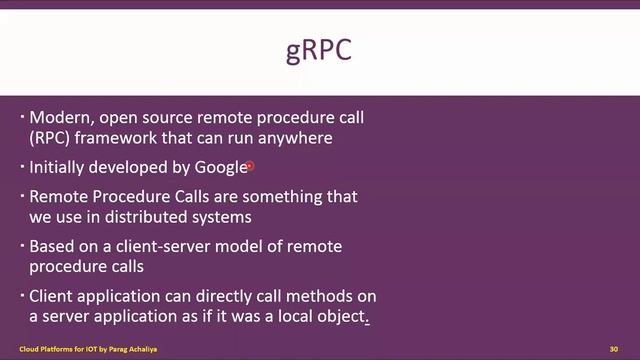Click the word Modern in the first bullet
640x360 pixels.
click(58, 118)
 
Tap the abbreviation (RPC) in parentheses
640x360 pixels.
click(50, 137)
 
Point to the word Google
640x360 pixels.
click(221, 167)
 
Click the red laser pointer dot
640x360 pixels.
click(250, 167)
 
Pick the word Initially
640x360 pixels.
click(58, 167)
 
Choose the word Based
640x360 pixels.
click(53, 246)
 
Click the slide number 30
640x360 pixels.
click(613, 348)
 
